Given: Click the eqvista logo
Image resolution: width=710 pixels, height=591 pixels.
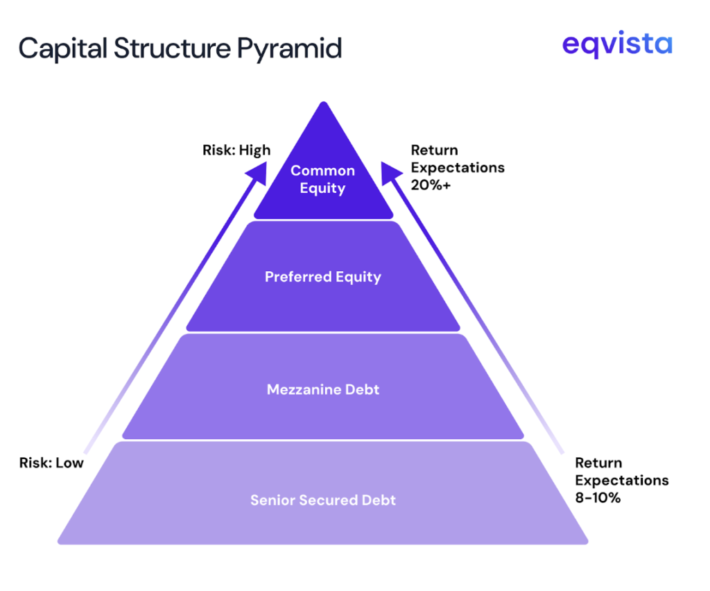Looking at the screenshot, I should tap(616, 44).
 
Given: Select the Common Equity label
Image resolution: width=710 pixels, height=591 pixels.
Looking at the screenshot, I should tap(322, 179).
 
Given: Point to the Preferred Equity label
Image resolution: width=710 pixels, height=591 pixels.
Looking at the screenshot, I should tap(323, 277).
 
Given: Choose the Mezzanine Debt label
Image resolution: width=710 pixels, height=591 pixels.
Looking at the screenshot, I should tap(323, 390).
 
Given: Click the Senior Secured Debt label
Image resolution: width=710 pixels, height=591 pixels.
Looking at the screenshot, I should tap(323, 499).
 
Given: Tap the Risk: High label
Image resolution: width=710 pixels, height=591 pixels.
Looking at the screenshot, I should tap(236, 150).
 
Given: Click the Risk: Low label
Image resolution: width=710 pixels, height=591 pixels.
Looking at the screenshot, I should tap(51, 463).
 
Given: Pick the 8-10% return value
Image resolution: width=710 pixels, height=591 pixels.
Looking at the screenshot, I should tap(598, 497).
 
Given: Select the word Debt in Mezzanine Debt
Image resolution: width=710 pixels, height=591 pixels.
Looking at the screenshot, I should tap(362, 390).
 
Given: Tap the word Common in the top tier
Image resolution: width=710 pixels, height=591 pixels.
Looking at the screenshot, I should tap(322, 171).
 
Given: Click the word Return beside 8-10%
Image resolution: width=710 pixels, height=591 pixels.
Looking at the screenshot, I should tap(598, 463).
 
